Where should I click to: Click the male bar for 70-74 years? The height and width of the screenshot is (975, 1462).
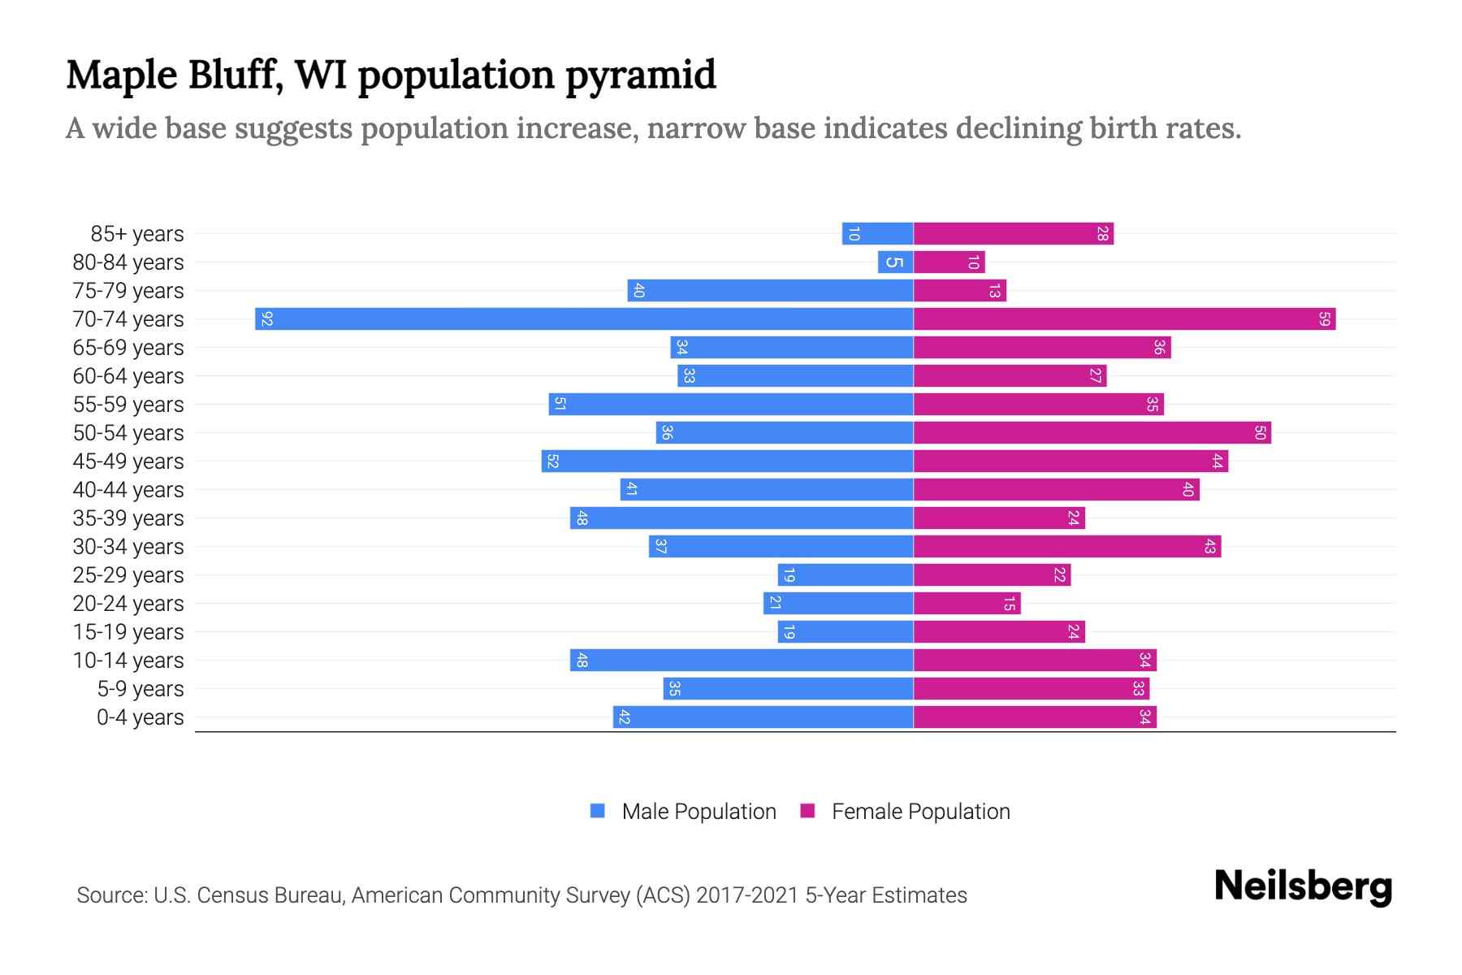[585, 318]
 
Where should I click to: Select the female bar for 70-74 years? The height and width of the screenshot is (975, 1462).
[1124, 318]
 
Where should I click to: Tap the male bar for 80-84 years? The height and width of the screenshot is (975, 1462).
[895, 262]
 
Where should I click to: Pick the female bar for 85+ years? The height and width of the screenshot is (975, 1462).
[1013, 233]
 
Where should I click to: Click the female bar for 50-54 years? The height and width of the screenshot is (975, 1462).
[1092, 432]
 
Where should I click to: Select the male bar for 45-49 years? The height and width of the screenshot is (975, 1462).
[728, 461]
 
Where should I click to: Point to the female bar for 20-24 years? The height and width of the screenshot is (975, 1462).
[967, 603]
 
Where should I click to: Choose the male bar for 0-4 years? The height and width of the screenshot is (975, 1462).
[763, 717]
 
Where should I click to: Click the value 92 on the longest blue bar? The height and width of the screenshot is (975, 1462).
[266, 318]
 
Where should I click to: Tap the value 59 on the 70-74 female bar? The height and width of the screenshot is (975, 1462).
[1324, 318]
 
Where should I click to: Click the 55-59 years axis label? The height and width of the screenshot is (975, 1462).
[128, 405]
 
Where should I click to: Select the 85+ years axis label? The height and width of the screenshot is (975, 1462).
[137, 234]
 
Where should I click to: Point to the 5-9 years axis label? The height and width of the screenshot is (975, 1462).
[141, 689]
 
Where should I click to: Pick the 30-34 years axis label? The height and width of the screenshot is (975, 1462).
[128, 547]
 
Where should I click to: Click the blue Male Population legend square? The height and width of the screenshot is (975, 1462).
[598, 811]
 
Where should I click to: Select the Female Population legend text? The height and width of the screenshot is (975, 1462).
[920, 811]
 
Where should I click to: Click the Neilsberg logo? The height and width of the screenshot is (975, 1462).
[1303, 886]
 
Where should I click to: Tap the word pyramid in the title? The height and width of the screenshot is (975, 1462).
[640, 75]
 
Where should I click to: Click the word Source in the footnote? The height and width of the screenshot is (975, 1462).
[111, 895]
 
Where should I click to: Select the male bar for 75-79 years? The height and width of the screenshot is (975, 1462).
[770, 290]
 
